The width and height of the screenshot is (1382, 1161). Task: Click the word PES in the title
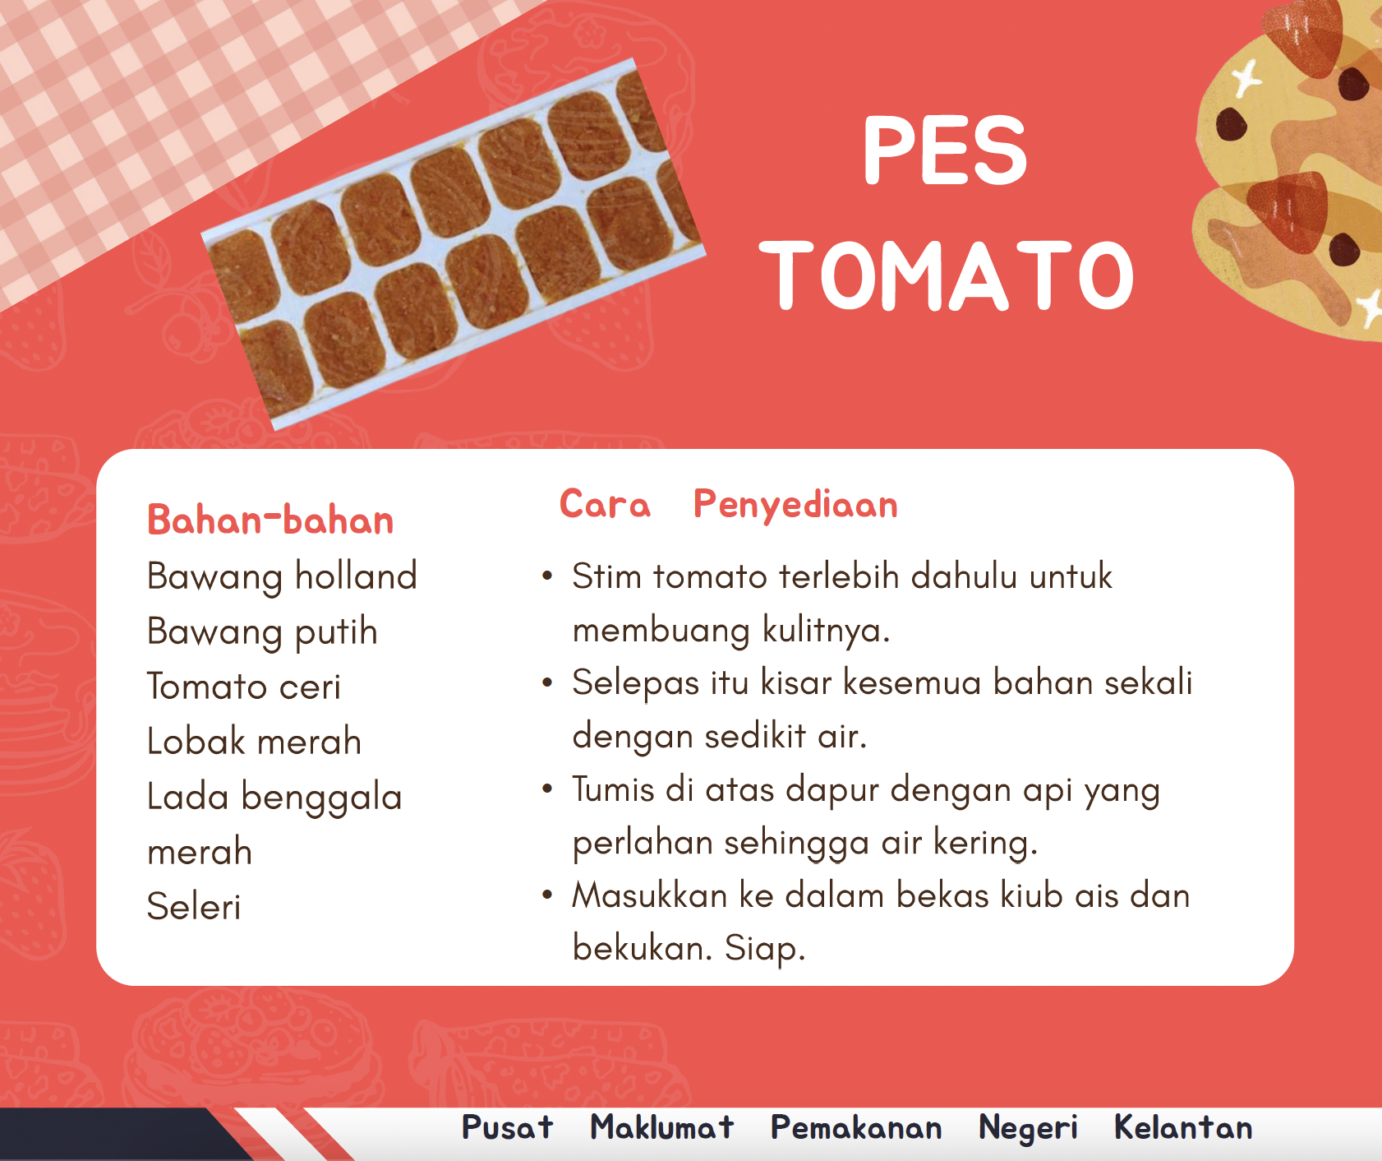[x=945, y=150]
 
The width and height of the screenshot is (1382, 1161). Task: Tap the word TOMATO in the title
[x=947, y=275]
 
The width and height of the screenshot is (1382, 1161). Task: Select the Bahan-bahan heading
[x=270, y=520]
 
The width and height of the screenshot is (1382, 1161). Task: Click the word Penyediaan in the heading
[x=795, y=505]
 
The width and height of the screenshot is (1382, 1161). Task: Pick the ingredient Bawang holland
[x=282, y=576]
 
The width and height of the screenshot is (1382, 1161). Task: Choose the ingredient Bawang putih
[x=262, y=632]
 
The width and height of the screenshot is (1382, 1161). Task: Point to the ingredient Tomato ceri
[x=243, y=687]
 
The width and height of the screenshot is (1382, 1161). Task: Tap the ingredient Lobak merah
[x=254, y=742]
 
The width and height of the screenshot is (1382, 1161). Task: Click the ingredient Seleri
[x=194, y=907]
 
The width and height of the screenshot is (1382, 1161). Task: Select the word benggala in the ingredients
[x=321, y=798]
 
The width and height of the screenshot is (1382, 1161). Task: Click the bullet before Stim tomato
[x=547, y=576]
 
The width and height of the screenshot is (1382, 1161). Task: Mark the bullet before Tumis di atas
[x=547, y=789]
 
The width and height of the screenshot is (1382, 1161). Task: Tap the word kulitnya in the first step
[x=827, y=631]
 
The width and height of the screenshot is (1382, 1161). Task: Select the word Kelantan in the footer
[x=1183, y=1127]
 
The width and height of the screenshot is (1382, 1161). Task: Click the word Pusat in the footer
[x=507, y=1127]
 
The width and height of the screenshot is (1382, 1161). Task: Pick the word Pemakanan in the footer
[x=856, y=1127]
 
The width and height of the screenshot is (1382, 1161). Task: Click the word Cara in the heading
[x=605, y=504]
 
